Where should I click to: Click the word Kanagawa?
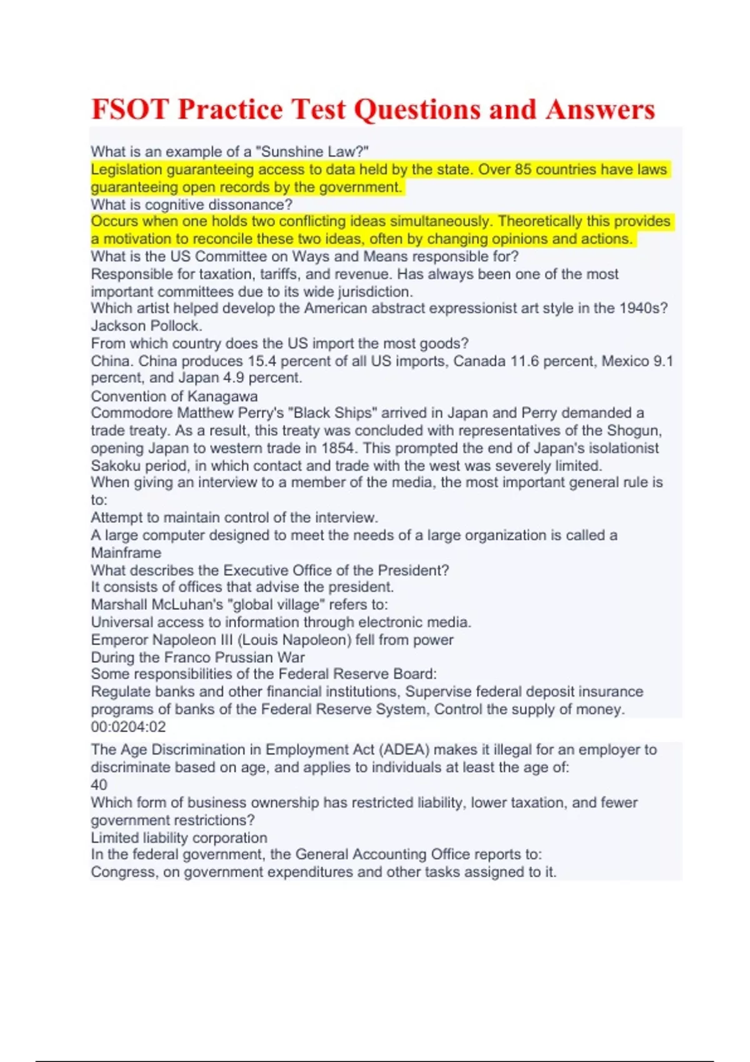point(222,396)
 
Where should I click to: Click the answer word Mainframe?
point(126,553)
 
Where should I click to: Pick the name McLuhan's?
point(190,605)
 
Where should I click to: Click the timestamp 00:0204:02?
point(128,727)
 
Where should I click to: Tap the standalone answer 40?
point(99,785)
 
